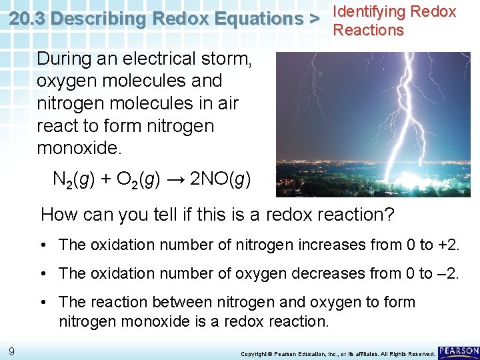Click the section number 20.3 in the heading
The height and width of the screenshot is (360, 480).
(27, 19)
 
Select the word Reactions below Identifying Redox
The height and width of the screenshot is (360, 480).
(368, 30)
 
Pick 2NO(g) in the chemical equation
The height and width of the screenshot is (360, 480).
(221, 179)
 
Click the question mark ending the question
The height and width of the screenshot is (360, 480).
(389, 215)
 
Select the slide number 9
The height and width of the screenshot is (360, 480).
(12, 352)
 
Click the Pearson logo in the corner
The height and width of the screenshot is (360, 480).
(458, 351)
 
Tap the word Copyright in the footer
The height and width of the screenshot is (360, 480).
(253, 354)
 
